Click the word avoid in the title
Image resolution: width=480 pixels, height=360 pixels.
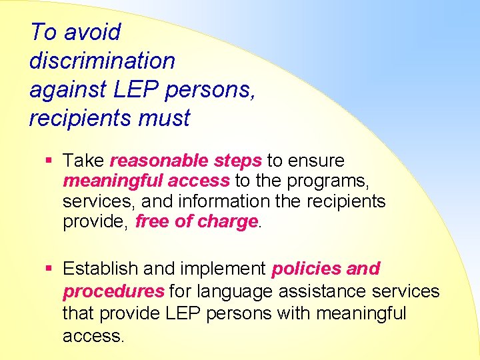(x=93, y=32)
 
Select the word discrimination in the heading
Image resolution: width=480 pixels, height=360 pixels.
(x=102, y=61)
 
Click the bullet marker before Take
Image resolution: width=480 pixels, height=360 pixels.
(x=49, y=161)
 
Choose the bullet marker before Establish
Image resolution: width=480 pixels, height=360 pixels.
(x=49, y=269)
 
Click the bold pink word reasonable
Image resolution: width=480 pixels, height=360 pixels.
(x=159, y=161)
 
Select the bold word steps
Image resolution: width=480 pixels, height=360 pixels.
(x=238, y=161)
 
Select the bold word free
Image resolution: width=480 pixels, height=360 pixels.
(x=153, y=221)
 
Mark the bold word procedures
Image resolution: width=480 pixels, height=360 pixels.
(x=113, y=291)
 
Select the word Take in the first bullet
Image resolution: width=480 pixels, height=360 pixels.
(x=83, y=161)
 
